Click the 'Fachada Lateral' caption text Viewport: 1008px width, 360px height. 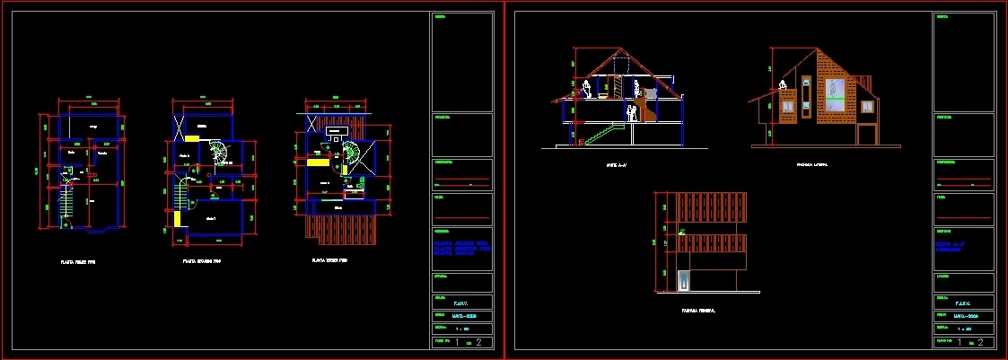coord(811,165)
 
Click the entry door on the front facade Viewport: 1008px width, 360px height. coord(684,281)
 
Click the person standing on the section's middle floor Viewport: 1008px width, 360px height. coord(631,112)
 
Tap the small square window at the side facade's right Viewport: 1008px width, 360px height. coord(867,105)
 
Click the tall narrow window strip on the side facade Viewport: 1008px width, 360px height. coord(807,97)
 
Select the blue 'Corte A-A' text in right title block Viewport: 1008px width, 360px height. coord(952,247)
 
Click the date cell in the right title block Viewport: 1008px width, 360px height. coord(964,315)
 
